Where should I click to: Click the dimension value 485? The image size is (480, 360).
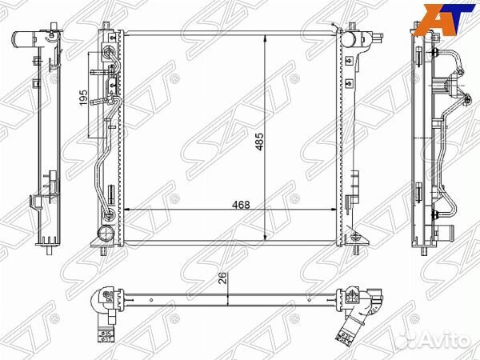coord(259,142)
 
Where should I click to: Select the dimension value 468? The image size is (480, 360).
coord(241,205)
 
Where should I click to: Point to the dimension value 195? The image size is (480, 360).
coord(83,98)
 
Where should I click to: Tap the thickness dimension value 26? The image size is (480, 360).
coord(224,278)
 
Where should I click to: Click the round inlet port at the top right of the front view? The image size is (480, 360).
coord(348,39)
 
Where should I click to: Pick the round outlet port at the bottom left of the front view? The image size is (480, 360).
coord(106,234)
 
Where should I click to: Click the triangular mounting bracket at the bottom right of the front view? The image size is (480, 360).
coord(356,237)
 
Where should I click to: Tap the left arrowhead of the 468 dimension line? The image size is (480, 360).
coord(127,210)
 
